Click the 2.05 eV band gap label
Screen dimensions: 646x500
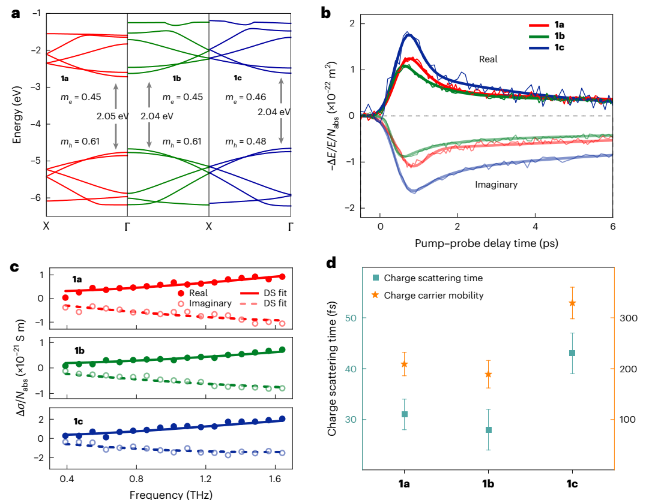112,116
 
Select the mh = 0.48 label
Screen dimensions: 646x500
246,141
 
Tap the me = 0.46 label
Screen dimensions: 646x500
246,98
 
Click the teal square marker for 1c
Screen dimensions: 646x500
572,353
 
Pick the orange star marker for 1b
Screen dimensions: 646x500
488,375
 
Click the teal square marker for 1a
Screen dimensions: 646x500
405,414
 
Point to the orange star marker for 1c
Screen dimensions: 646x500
572,303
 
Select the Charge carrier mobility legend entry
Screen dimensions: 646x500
427,296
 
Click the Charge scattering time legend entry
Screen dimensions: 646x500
427,278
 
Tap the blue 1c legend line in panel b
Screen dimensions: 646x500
539,48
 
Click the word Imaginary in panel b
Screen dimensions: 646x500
496,185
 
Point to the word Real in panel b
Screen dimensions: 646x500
488,59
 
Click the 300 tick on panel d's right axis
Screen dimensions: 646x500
629,318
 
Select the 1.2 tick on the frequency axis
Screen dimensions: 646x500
205,479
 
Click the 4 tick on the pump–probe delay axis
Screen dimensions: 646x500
535,227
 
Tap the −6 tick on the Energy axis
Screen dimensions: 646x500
35,197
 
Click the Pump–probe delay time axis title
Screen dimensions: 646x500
486,243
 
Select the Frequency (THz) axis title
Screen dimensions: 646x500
171,494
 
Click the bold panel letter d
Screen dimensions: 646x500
331,262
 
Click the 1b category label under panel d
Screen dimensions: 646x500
488,484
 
